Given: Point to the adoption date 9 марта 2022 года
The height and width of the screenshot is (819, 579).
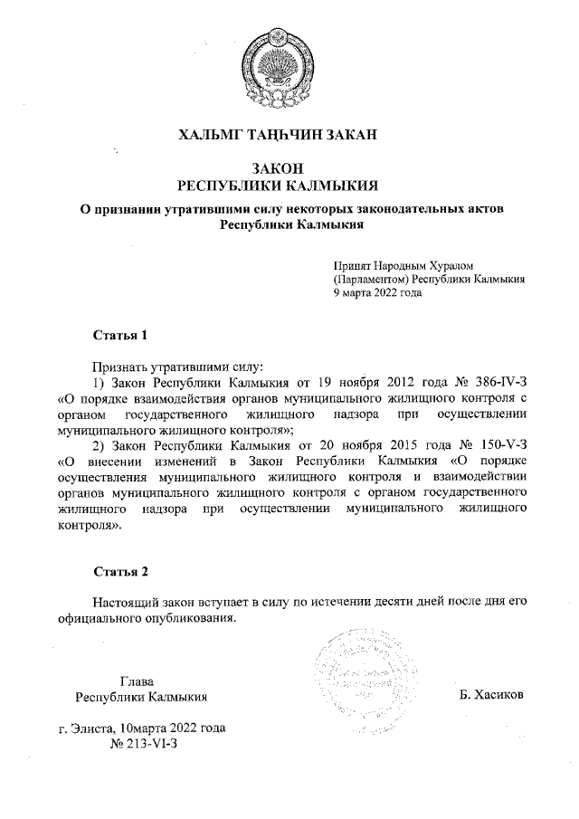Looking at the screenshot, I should [378, 294].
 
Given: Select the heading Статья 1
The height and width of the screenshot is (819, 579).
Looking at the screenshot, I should [120, 336].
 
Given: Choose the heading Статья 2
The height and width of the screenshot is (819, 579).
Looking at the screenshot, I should [120, 571].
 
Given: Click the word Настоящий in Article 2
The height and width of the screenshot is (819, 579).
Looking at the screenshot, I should [125, 602].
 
